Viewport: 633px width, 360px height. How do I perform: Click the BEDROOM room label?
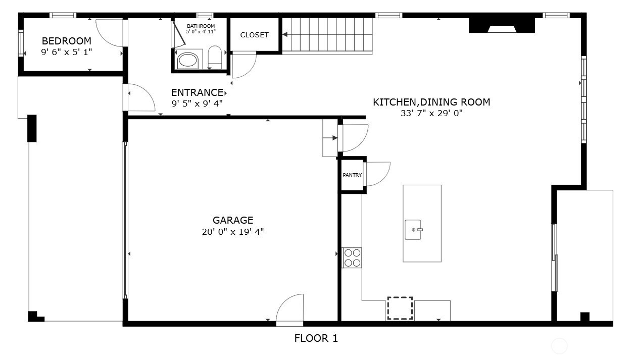[x=66, y=41]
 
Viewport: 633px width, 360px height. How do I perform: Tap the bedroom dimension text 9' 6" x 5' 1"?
[x=66, y=52]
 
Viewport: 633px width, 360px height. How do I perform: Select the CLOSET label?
[x=254, y=35]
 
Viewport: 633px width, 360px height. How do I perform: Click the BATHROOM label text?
[x=201, y=26]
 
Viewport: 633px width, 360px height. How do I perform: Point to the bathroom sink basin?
[x=188, y=61]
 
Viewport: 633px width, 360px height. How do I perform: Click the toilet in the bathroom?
[x=215, y=57]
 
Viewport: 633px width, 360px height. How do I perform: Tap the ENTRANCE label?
[x=197, y=92]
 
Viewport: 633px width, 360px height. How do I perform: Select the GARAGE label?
[x=232, y=220]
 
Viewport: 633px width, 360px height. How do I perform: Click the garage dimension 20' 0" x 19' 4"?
[x=232, y=232]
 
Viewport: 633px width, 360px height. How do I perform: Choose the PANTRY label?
[x=352, y=175]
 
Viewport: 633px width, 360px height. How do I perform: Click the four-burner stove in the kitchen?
[x=352, y=258]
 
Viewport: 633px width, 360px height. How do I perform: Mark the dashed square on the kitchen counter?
[x=400, y=308]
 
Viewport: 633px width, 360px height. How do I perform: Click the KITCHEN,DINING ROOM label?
[x=431, y=102]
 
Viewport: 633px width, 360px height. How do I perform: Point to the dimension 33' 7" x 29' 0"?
[x=431, y=114]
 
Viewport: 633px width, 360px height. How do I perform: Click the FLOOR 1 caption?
[x=316, y=338]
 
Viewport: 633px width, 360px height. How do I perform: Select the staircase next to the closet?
[x=327, y=35]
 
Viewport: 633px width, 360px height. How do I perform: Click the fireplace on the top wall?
[x=501, y=25]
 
